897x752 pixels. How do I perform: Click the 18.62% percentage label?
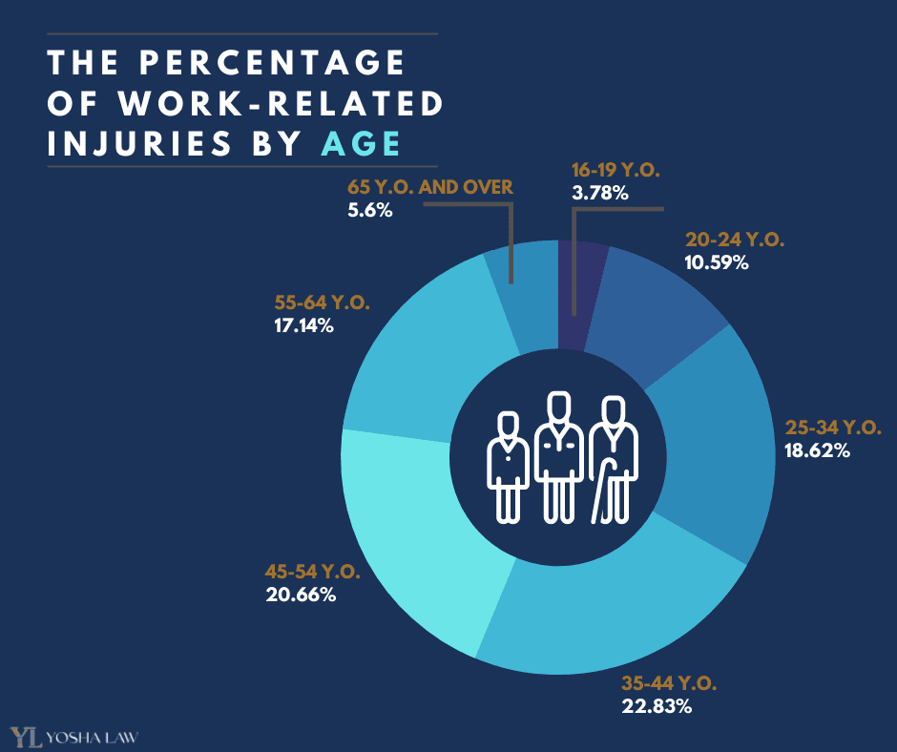[x=816, y=449]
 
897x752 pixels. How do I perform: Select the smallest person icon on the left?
[x=509, y=468]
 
